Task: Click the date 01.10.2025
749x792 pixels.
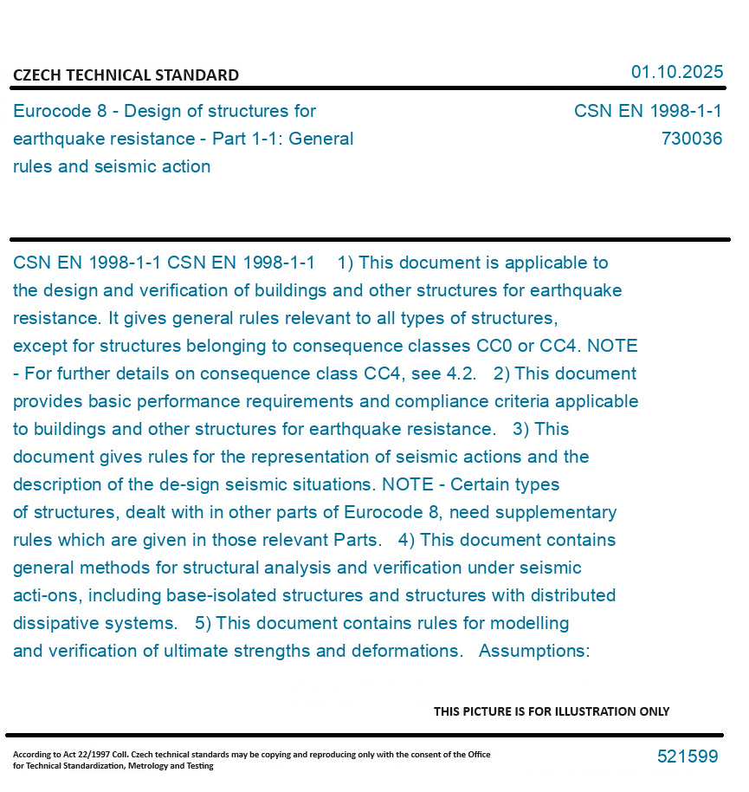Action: pos(676,72)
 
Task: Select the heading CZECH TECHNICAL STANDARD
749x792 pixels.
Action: pos(126,75)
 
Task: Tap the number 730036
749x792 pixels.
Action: pos(691,139)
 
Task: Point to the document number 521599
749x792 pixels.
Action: pos(687,756)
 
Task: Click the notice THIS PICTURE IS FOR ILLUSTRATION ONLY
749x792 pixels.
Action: pos(552,711)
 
